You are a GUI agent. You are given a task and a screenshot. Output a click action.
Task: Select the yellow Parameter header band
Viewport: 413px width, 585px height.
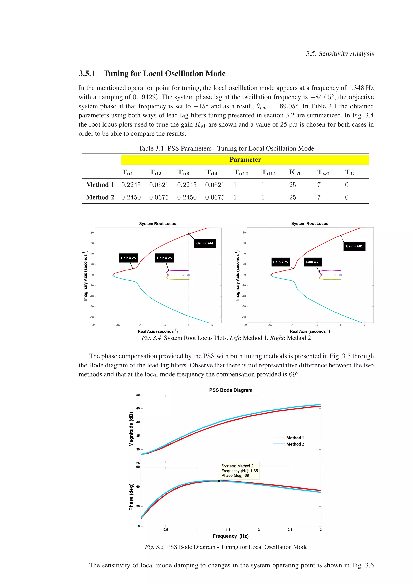point(245,160)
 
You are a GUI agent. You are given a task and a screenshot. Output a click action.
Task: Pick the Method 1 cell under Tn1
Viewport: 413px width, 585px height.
point(131,185)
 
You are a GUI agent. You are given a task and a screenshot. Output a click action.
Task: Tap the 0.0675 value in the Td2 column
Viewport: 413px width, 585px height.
point(159,197)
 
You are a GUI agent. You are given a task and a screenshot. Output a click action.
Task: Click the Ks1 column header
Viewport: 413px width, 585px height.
point(295,173)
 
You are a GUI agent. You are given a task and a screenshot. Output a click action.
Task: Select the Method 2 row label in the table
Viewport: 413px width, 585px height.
point(100,197)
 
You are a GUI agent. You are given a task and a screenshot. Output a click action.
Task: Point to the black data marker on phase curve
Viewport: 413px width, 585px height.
point(219,481)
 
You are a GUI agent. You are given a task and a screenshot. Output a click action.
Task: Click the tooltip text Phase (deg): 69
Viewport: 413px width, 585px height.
point(235,475)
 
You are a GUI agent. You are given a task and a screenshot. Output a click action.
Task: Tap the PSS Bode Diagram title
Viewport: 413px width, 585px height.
point(230,390)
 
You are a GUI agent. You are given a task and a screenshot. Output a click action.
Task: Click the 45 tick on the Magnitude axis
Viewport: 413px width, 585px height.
point(138,408)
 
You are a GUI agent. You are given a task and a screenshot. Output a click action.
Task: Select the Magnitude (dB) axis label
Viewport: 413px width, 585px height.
point(131,429)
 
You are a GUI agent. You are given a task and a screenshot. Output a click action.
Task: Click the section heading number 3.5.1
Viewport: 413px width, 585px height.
point(87,74)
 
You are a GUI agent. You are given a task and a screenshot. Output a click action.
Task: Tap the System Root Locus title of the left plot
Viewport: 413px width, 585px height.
point(157,224)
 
